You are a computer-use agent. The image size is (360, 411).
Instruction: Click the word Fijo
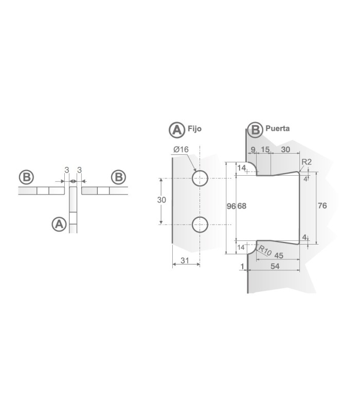coord(194,129)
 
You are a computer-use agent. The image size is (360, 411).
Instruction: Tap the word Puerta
coord(278,128)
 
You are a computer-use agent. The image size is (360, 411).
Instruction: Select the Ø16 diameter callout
coord(181,150)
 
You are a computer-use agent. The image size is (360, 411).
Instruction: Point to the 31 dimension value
coord(185,260)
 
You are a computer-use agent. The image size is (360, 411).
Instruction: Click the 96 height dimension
coord(231,207)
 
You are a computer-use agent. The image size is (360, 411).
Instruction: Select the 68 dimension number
coord(242,207)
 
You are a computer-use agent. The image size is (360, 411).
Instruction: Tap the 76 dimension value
coord(322,206)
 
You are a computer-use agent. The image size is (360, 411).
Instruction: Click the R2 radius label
coord(307,162)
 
